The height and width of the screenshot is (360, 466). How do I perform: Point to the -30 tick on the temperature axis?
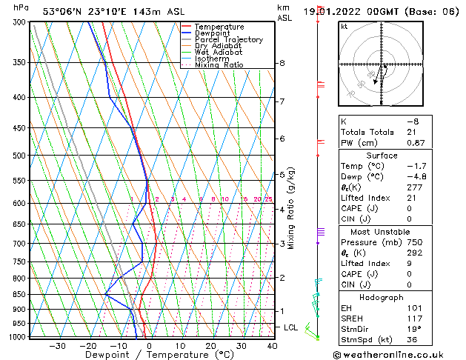click(57, 346)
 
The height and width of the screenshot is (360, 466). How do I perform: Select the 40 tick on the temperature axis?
click(272, 346)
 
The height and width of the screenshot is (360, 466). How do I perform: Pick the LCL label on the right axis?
click(291, 327)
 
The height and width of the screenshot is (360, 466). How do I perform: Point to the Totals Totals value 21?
click(412, 132)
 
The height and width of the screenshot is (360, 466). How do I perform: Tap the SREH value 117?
click(415, 319)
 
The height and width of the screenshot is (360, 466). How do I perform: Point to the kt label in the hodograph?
click(344, 27)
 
